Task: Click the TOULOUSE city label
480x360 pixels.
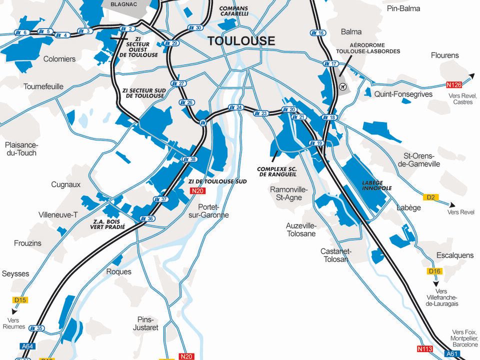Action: tap(241, 41)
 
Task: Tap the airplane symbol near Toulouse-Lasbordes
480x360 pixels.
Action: tap(342, 87)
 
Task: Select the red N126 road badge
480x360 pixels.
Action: tap(453, 85)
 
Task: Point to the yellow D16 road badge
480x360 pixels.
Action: tap(434, 271)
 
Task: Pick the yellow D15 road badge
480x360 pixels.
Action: tap(20, 300)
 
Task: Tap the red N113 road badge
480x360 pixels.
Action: tap(423, 348)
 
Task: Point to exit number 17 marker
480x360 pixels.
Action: tap(331, 63)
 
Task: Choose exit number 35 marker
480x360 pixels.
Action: tap(36, 328)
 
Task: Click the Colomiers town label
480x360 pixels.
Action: tap(59, 59)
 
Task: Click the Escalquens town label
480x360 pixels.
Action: tap(454, 255)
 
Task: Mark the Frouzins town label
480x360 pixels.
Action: tap(28, 243)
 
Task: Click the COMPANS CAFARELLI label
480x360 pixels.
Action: tap(234, 11)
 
